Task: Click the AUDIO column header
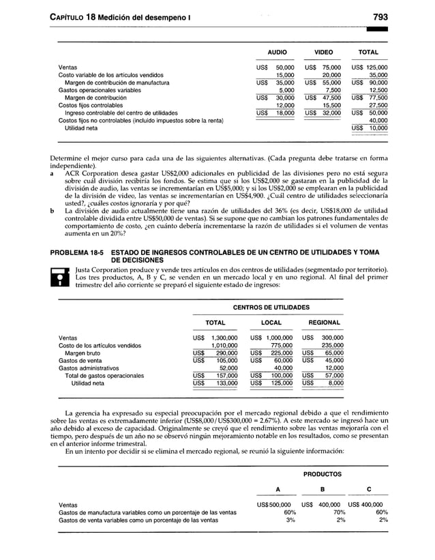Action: click(x=276, y=52)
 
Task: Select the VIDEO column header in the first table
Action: click(x=323, y=52)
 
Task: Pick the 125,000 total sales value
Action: click(x=374, y=68)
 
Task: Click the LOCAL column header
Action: click(x=271, y=322)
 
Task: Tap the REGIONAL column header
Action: click(x=325, y=322)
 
